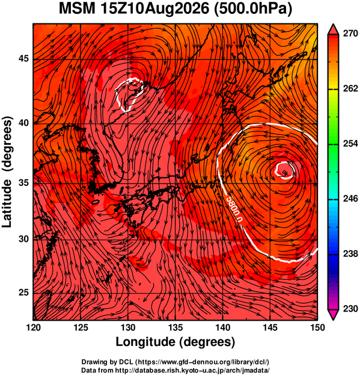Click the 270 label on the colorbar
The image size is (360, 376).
coord(350,33)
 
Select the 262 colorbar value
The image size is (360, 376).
coord(350,88)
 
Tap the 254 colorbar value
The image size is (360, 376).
coord(350,144)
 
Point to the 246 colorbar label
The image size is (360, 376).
coord(350,199)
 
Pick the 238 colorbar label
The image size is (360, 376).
coord(350,254)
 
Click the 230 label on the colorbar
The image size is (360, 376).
coord(350,309)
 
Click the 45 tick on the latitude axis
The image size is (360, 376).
coord(23,58)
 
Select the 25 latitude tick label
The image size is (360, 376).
coord(23,293)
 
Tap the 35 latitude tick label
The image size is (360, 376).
coord(23,183)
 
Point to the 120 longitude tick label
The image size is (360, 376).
coord(33,327)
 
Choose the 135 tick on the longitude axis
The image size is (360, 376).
coord(175,327)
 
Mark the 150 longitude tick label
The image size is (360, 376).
coord(317,327)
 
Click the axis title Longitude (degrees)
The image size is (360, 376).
coord(175,342)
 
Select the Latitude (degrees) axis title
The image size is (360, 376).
coord(7,172)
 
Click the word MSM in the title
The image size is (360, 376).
coord(77,9)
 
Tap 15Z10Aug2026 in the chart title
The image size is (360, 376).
coord(154,9)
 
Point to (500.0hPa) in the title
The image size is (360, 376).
coord(253,10)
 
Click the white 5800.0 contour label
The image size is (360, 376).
coord(235,209)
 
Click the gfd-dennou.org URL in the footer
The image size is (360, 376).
coord(202,362)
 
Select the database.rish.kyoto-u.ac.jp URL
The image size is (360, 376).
coord(192,370)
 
